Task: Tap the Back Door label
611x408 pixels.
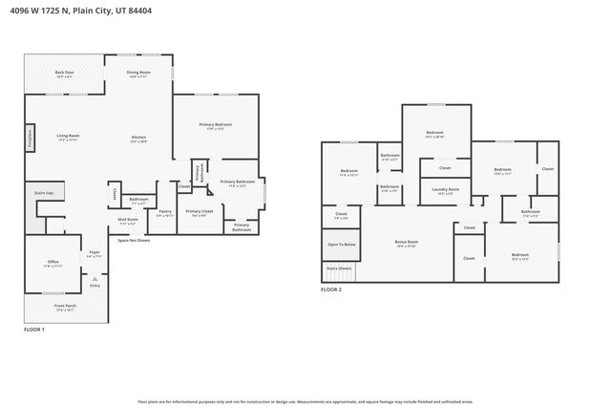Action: pos(65,74)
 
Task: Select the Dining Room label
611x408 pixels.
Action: pos(138,74)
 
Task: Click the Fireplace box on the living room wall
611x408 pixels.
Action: pos(31,138)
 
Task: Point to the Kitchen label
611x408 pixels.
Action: pos(139,139)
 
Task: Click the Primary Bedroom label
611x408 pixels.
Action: pos(215,126)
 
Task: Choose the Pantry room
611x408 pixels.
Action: pos(165,212)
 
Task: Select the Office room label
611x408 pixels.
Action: pos(53,263)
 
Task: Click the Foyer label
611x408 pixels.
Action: pos(95,253)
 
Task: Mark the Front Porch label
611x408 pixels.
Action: pos(66,308)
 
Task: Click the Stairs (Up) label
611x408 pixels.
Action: pos(43,192)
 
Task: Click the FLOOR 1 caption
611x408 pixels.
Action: pos(34,330)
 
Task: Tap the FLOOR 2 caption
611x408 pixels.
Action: pos(331,289)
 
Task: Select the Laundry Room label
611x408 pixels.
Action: pos(446,190)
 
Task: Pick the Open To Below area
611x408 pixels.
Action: pos(342,245)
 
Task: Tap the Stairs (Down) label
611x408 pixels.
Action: pos(339,268)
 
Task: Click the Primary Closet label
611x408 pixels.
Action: pos(200,212)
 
